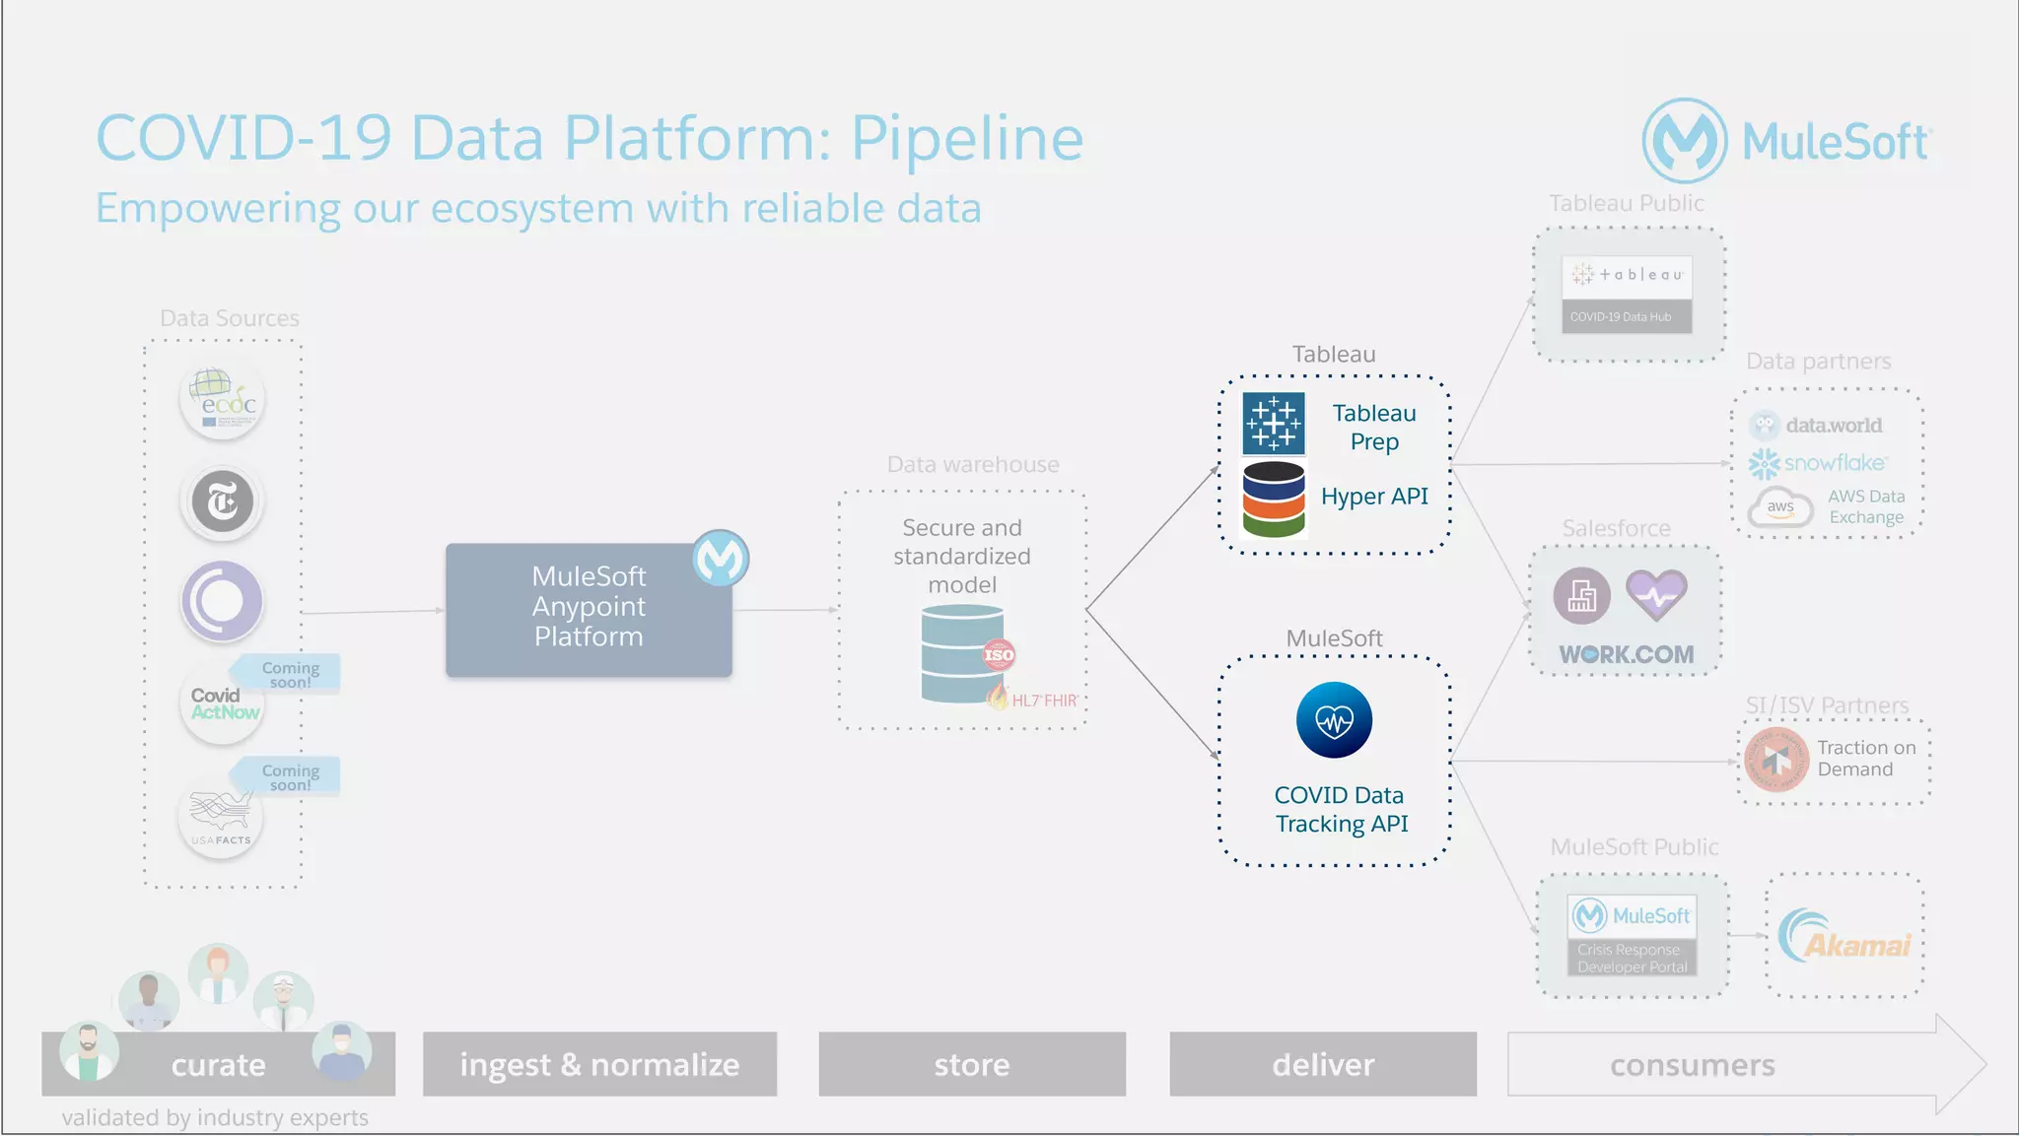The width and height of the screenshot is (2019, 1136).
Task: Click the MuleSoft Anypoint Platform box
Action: coord(589,609)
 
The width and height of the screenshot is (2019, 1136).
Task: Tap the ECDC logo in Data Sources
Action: coord(223,401)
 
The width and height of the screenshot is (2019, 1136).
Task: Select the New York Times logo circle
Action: coord(223,501)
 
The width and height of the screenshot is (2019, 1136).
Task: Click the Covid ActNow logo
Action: coord(223,703)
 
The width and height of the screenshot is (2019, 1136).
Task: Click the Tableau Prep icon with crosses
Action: coord(1273,424)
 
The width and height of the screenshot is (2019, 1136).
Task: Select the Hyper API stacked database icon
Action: coord(1273,500)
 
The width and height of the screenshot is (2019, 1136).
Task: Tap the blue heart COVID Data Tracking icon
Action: coord(1334,720)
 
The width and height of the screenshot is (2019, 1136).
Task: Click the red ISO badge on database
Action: coord(999,655)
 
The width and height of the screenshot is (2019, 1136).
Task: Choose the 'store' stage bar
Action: coord(971,1064)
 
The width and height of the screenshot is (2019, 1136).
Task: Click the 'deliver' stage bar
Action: coord(1322,1064)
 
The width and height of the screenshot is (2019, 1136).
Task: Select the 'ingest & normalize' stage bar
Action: coord(599,1064)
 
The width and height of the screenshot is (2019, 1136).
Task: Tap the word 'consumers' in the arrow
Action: coord(1692,1065)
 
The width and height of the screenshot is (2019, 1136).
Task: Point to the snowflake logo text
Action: coord(1834,463)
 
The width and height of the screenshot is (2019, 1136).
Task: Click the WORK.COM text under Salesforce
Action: coord(1626,654)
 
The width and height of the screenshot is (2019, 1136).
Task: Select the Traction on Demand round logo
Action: coord(1776,760)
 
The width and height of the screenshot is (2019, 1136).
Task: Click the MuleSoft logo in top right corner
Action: coord(1786,141)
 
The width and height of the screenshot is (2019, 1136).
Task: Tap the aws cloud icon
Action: coord(1780,507)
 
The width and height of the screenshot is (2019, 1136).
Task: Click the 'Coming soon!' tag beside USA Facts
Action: coord(288,776)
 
